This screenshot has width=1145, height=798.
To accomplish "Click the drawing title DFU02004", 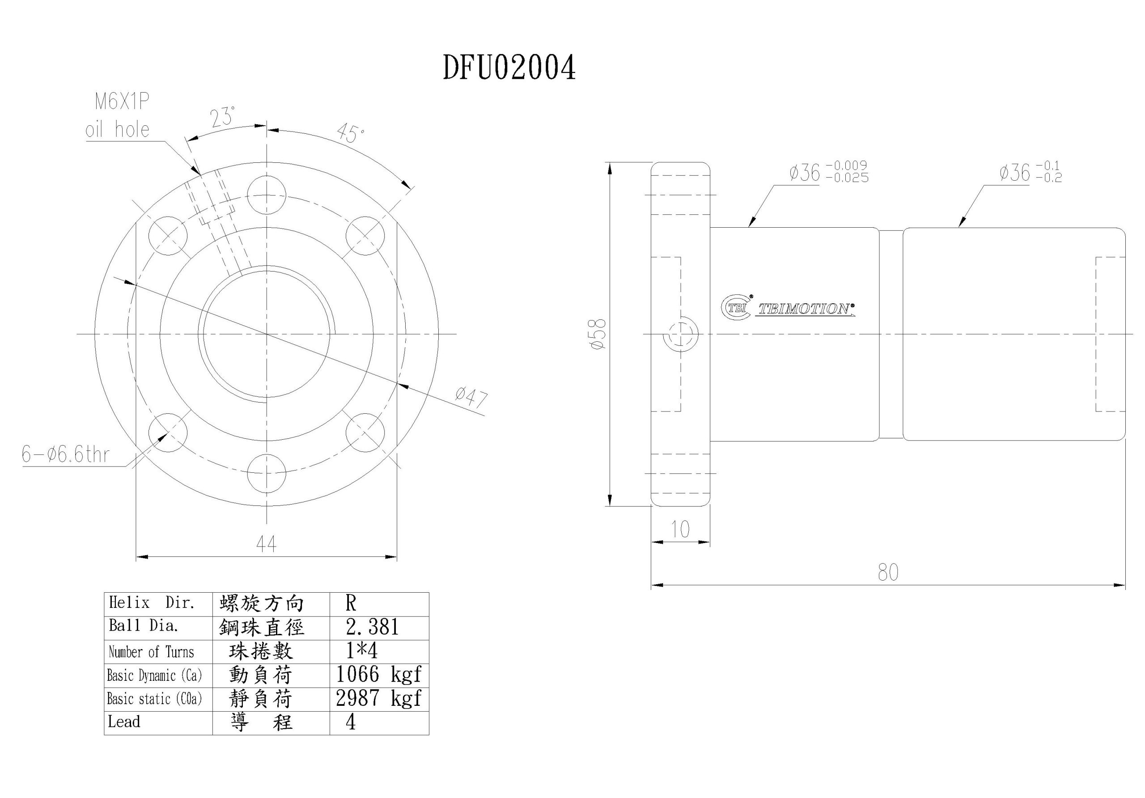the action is point(509,68).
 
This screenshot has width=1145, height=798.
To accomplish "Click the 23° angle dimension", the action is point(222,117).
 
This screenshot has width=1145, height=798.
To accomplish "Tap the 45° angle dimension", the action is point(350,133).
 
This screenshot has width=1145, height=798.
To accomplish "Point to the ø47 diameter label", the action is point(471,398).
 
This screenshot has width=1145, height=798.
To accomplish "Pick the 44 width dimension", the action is point(266,543).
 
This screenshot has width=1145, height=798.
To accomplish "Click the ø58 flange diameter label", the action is point(598,334).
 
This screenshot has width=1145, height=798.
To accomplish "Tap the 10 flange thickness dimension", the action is point(680,529).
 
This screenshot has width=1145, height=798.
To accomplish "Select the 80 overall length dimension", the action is point(888,573).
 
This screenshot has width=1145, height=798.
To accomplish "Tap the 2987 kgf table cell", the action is point(379,698).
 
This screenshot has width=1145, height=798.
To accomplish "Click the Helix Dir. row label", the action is point(152,603).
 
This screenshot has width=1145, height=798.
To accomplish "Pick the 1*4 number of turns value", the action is point(362,651).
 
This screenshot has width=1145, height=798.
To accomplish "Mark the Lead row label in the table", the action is point(124,722).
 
